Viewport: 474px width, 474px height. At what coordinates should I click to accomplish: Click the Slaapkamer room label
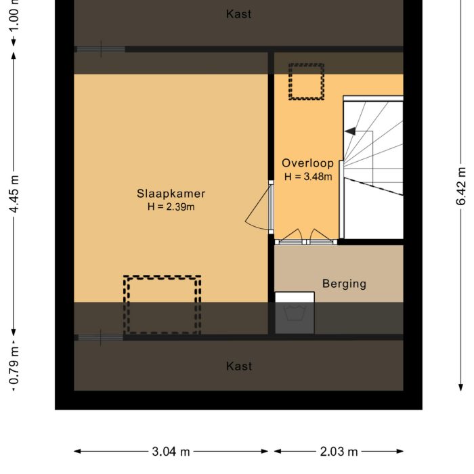point(171,194)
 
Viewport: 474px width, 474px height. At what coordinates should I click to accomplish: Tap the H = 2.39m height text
point(171,207)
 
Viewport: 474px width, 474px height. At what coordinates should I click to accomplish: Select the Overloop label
point(308,163)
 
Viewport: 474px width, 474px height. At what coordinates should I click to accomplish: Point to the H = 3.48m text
point(308,177)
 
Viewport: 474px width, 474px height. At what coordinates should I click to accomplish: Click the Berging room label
point(344,284)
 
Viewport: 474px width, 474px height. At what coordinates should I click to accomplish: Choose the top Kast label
point(238,14)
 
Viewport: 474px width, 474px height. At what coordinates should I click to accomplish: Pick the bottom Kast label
point(238,366)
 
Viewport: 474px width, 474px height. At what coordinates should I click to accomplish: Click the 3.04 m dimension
point(171,452)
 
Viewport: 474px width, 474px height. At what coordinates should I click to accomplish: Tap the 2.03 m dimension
point(339,452)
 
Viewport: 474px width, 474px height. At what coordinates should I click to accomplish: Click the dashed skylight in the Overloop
point(306,82)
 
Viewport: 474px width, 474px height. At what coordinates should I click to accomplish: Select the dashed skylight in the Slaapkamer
point(163,304)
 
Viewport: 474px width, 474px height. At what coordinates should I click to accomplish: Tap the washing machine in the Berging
point(295,313)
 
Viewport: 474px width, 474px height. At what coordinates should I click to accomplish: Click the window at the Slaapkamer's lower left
point(100,337)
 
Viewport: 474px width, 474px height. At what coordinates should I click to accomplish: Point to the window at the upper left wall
point(100,49)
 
